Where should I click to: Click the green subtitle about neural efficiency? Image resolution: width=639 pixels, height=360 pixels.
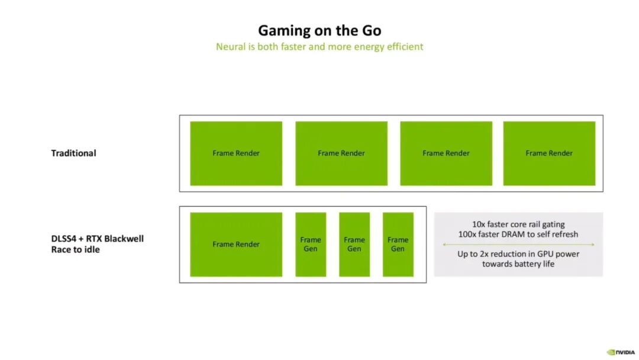point(319,46)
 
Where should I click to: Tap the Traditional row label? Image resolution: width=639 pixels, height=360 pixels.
point(73,153)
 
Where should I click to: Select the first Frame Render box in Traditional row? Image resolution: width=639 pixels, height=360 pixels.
point(236,153)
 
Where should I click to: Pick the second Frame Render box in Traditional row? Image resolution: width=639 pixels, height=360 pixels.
point(341,153)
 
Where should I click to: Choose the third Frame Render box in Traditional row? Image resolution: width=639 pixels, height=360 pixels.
point(446,153)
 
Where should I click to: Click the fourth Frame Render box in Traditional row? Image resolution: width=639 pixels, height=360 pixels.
point(549,153)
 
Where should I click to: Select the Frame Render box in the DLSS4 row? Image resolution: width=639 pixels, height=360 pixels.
point(236,244)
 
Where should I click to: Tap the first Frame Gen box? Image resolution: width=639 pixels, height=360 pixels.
point(311,244)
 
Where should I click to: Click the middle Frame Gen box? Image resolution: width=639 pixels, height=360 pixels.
point(354,244)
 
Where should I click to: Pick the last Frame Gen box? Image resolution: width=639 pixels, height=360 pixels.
point(398,244)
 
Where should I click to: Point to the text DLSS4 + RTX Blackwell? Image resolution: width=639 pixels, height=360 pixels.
point(98,239)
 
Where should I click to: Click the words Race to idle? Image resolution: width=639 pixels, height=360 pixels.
point(75,249)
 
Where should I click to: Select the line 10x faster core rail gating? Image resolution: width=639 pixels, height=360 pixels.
point(518,224)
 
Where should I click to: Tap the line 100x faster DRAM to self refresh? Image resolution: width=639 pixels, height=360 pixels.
point(518,234)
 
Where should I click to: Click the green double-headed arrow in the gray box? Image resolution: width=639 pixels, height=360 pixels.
point(518,244)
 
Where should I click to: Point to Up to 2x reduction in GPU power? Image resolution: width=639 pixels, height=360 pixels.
point(518,254)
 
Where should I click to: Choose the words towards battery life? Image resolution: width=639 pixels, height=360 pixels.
point(518,263)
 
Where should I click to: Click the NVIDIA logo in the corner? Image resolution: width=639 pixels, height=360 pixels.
point(620,352)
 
